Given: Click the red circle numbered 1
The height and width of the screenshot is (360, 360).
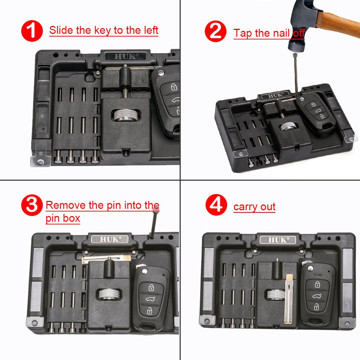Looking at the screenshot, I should click(x=32, y=31).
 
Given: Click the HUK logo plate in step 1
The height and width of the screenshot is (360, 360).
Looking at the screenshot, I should click(x=125, y=56).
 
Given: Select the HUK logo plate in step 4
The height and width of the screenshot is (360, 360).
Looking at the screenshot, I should click(x=278, y=240).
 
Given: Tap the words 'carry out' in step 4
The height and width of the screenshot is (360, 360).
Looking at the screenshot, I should click(x=254, y=207).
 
